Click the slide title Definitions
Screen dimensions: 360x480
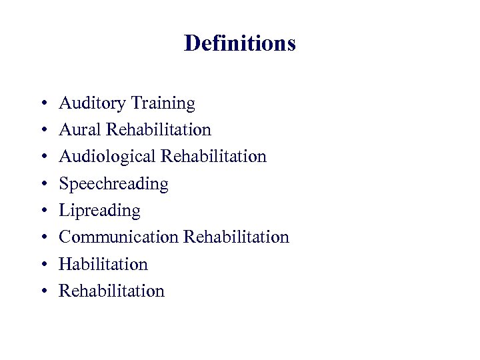[239, 43]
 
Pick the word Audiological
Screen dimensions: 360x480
[107, 157]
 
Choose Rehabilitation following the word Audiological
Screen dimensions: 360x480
[213, 157]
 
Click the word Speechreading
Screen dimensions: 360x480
[113, 183]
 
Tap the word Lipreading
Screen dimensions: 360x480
[99, 211]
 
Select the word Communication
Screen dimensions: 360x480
[119, 237]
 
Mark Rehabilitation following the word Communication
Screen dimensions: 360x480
[236, 237]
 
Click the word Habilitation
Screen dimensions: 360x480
[103, 264]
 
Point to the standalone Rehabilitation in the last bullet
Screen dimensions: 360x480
[111, 291]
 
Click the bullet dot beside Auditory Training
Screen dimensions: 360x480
[43, 104]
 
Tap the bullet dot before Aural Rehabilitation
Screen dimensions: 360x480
[43, 131]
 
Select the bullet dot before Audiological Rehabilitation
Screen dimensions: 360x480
[43, 157]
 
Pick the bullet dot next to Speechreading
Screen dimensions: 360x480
[43, 184]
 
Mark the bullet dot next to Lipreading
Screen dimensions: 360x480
[43, 211]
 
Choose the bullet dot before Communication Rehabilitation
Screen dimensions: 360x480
[43, 238]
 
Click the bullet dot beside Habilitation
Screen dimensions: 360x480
[43, 265]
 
